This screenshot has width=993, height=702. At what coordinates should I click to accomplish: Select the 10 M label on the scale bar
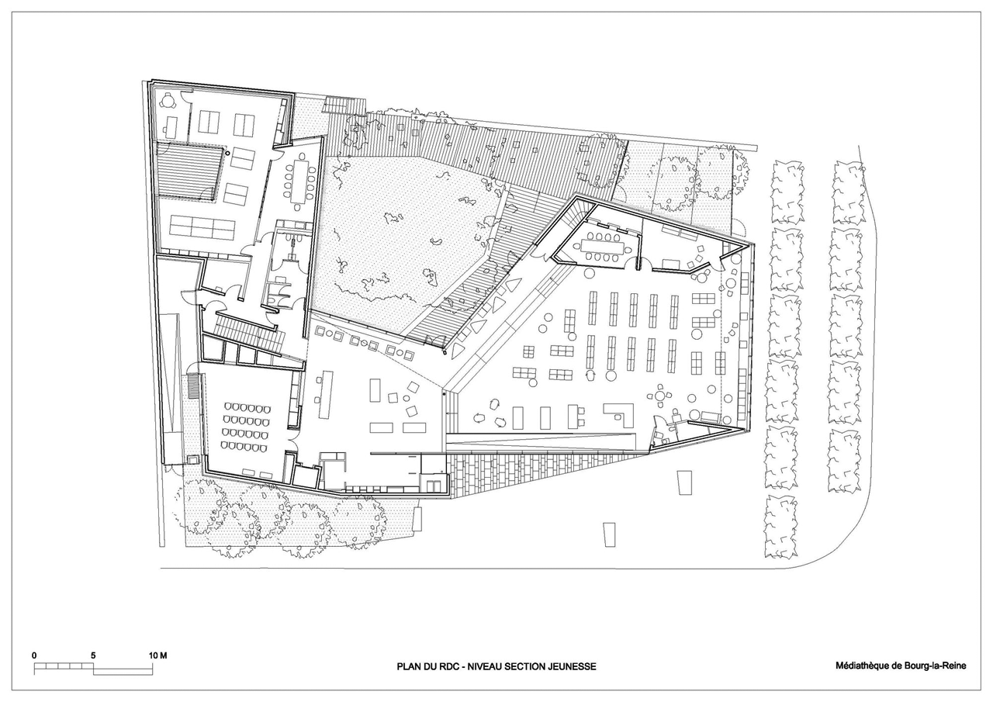click(158, 655)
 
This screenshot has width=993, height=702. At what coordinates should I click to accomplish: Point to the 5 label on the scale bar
click(93, 655)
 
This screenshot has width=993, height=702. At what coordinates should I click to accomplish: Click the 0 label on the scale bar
click(34, 655)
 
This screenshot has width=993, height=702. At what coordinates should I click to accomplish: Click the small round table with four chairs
click(660, 393)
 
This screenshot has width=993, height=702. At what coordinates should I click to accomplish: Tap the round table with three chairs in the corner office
click(169, 102)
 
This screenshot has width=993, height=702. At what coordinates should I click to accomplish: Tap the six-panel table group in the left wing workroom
click(202, 227)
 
